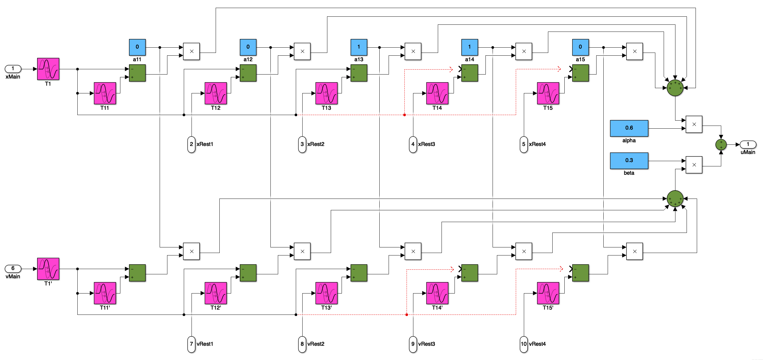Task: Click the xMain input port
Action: (x=13, y=69)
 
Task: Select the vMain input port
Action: (x=13, y=268)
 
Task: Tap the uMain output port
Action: (x=748, y=144)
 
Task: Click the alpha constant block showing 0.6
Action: (x=629, y=128)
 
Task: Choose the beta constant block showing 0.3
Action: (x=629, y=161)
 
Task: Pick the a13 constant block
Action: (x=359, y=47)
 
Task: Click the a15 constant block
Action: (x=580, y=47)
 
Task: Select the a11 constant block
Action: (x=137, y=47)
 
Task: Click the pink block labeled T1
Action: (x=48, y=69)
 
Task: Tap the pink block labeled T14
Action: (x=437, y=93)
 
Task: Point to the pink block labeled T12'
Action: (x=216, y=293)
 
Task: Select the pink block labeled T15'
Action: (x=548, y=293)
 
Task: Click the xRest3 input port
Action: (x=413, y=144)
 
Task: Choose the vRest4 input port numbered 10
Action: (x=524, y=344)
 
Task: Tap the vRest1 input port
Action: (x=191, y=344)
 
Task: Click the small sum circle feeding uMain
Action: (x=721, y=144)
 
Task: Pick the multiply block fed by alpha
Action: (x=694, y=124)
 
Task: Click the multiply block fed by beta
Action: (x=694, y=165)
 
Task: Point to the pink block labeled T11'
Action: (x=105, y=293)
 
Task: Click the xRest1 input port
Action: (x=191, y=144)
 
